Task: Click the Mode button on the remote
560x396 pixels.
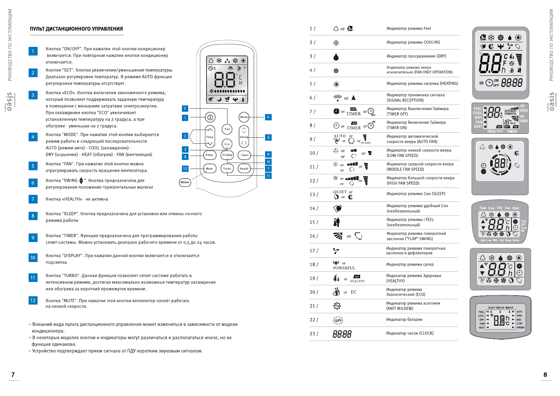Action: point(244,117)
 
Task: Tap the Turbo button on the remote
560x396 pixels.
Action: point(227,169)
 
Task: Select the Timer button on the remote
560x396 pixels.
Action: point(244,155)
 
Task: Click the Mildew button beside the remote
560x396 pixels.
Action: point(185,182)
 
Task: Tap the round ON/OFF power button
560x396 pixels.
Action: point(210,117)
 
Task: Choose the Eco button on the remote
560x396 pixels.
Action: point(227,144)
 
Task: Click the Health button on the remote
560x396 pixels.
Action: point(244,169)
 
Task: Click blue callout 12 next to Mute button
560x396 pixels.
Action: point(185,169)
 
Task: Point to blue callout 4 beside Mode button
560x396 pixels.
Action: point(268,117)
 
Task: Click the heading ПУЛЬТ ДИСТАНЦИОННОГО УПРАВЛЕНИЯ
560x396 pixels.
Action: point(76,29)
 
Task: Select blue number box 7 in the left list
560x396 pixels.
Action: point(33,199)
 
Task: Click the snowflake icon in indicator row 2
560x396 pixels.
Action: point(336,43)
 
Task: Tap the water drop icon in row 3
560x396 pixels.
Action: point(336,57)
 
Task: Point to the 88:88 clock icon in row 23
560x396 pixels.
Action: point(342,334)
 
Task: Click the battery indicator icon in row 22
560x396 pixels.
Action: point(338,320)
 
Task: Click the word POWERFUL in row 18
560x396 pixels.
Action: point(344,268)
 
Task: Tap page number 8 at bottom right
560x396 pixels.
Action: point(545,375)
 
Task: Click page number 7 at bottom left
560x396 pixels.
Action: point(13,375)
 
